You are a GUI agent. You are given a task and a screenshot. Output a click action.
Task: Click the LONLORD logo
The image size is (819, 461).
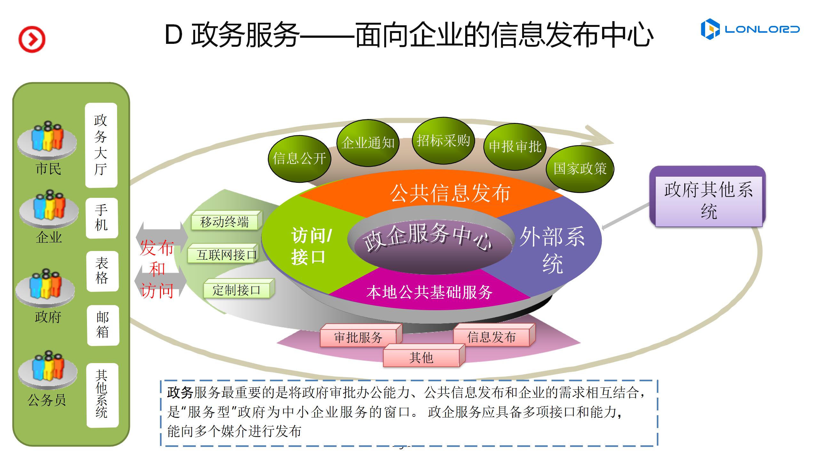click(x=750, y=29)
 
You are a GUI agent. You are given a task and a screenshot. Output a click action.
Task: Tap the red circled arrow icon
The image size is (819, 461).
click(x=32, y=39)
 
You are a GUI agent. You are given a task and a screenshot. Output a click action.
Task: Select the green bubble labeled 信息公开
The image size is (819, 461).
click(x=299, y=159)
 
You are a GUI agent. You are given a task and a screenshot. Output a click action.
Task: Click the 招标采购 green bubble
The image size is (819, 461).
click(x=443, y=141)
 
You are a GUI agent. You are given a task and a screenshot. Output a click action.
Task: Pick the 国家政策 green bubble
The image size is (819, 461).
click(x=580, y=169)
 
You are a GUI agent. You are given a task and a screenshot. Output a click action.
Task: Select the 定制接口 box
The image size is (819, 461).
click(x=239, y=289)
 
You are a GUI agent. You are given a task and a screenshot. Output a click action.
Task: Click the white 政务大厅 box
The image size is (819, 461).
click(x=101, y=145)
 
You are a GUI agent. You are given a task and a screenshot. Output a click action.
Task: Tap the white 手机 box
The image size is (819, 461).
click(x=102, y=218)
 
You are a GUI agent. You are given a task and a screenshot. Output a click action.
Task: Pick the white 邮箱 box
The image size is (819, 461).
click(x=103, y=325)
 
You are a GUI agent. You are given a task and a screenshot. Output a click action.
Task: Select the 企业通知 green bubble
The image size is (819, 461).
click(x=368, y=143)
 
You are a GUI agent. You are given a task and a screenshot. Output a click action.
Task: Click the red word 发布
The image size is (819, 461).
click(x=157, y=247)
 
